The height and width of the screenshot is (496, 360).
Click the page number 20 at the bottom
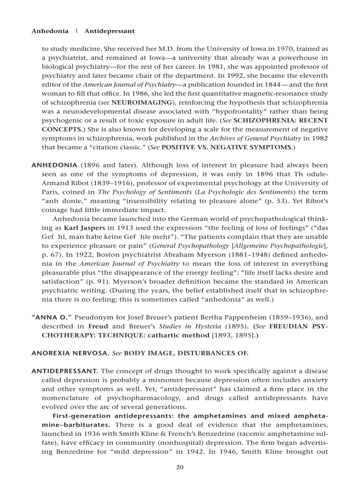tap(180, 468)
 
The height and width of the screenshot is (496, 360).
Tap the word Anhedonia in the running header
tap(50, 31)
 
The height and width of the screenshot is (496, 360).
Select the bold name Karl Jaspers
tap(84, 228)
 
